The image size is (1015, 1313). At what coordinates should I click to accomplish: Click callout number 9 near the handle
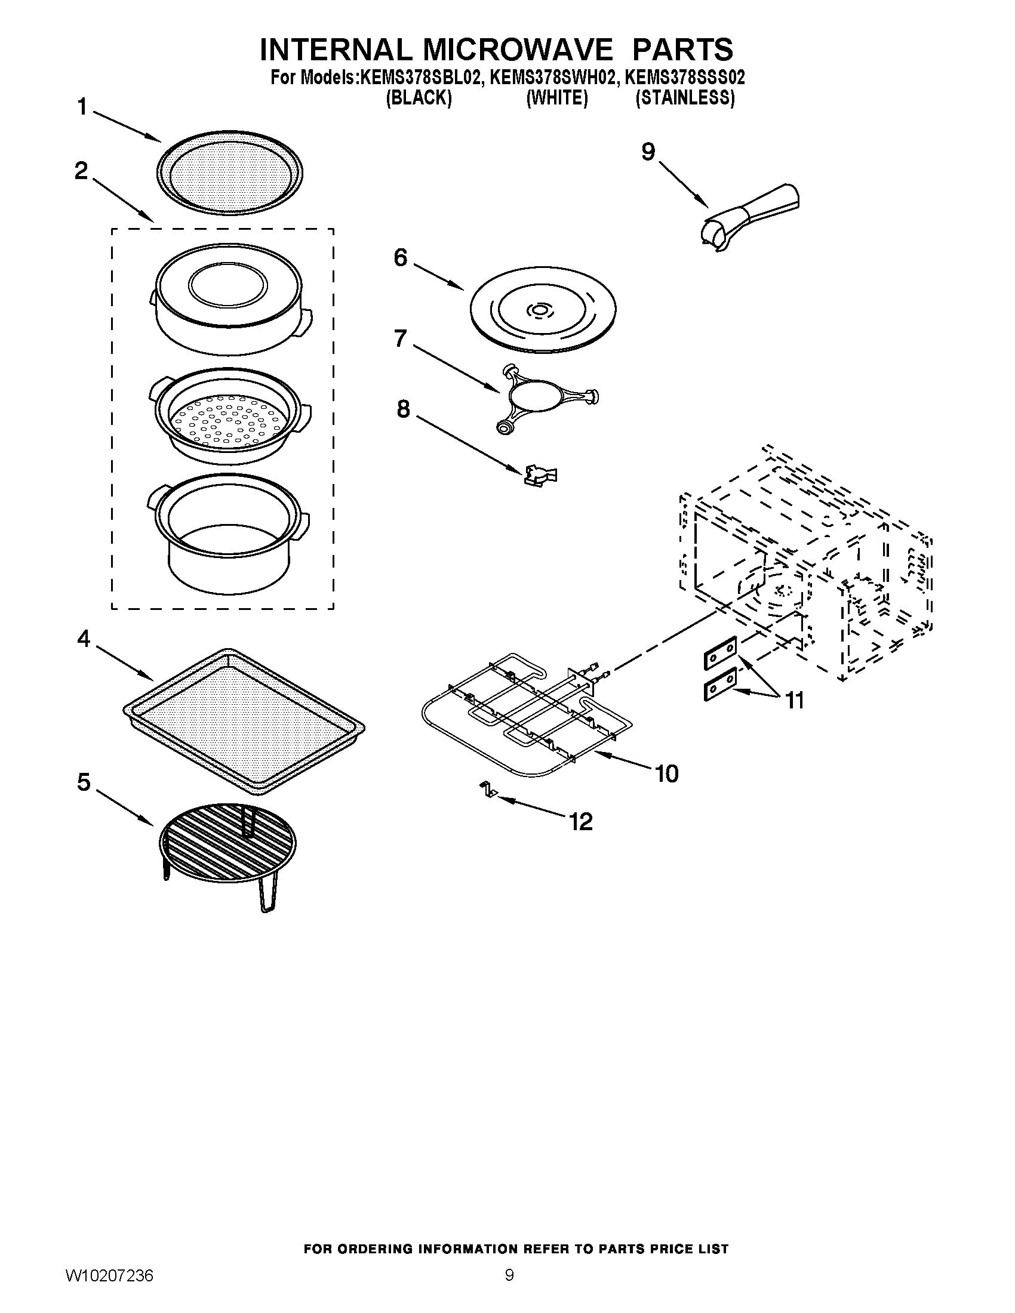coord(647,152)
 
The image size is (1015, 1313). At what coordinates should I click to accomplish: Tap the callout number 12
coord(581,821)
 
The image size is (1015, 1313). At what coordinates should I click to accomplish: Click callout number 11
coord(794,701)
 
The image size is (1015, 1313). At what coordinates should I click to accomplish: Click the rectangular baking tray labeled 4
coord(243,719)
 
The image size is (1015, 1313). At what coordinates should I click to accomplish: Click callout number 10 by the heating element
coord(666,773)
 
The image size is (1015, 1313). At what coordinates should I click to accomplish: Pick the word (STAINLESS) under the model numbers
coord(685,98)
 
